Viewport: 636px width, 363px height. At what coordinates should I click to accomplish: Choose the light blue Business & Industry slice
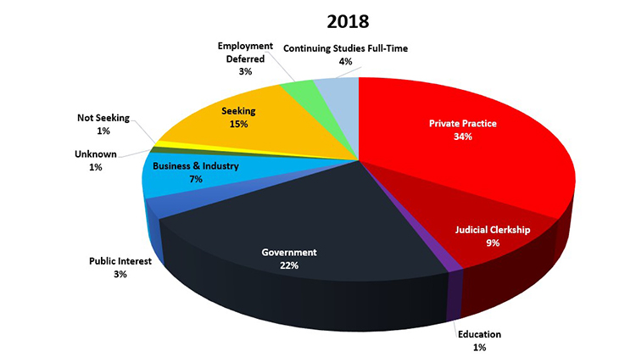[x=182, y=182]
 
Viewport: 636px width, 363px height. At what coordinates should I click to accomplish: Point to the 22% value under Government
[x=289, y=265]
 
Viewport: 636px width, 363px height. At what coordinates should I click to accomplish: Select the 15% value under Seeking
[x=238, y=124]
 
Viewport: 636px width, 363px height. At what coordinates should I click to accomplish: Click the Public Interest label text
[x=120, y=261]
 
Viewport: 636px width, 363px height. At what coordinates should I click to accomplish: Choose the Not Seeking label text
[x=103, y=118]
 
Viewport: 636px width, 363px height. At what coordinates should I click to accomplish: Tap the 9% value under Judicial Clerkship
[x=493, y=243]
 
